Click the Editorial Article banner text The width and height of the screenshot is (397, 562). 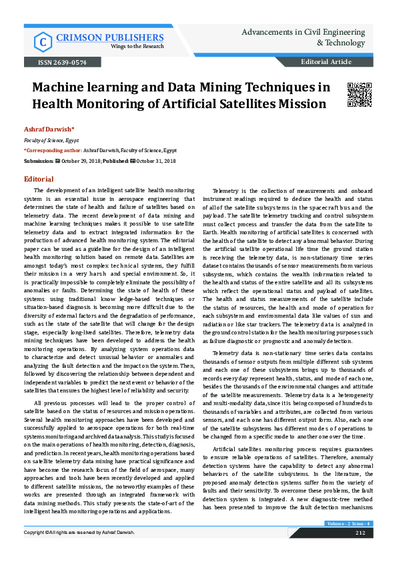[326, 62]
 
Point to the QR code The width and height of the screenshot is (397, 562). [360, 95]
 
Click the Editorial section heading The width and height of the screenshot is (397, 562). [39, 180]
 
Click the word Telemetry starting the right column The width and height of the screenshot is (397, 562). [227, 191]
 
